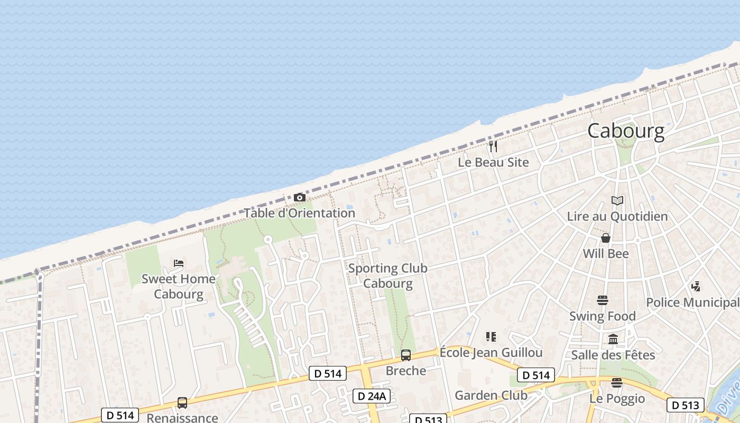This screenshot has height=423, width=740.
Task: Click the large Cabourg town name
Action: pos(626,131)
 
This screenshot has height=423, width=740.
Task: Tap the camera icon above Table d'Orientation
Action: pos(300,198)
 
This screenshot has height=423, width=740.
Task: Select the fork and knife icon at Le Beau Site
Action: pos(493,146)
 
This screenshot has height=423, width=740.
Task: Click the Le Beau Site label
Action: pos(493,162)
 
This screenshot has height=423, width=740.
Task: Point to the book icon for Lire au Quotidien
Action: pos(617,201)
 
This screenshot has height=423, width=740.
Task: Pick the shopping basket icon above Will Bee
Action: pos(606,238)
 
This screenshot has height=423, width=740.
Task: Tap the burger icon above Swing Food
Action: pos(602,300)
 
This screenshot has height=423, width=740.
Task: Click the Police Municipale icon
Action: pos(696,287)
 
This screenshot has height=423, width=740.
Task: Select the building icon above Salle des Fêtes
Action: pos(613,339)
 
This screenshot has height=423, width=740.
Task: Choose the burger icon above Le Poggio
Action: pos(617,383)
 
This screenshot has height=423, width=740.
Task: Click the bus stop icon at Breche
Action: pos(405,355)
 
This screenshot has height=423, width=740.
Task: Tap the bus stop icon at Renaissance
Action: pos(182,403)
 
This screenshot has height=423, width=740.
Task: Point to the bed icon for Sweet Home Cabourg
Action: pos(179,263)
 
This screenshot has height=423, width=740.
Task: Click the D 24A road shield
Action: pos(372,396)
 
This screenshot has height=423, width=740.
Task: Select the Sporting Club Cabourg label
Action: pos(387,275)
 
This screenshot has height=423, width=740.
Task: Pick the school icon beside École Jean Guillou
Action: pos(491,337)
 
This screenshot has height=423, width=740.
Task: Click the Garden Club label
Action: pos(491,395)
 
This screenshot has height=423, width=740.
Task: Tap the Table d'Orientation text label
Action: pos(299,213)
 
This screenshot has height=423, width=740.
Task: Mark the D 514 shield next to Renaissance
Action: pos(121,416)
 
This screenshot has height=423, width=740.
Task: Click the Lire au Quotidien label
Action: pos(617,216)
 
